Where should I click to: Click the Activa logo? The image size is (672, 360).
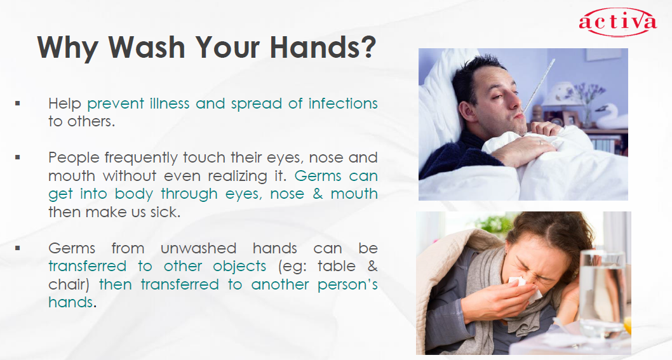(x=617, y=22)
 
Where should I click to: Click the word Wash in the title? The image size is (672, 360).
(x=147, y=47)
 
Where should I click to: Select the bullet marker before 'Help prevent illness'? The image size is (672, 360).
(x=18, y=103)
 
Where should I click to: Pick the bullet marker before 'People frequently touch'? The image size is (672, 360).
(x=18, y=157)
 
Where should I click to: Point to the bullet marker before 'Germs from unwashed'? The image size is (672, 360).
(x=18, y=248)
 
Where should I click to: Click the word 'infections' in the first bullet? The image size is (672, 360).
(x=343, y=103)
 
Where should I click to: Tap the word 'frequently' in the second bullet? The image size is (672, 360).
(x=140, y=157)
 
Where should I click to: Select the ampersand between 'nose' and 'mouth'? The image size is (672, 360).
(x=318, y=194)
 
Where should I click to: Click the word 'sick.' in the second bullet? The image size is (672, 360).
(x=165, y=211)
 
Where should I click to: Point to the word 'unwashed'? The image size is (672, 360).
(x=198, y=248)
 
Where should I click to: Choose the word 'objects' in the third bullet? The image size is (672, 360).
(x=239, y=267)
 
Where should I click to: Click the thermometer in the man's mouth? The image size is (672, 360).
(x=537, y=85)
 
